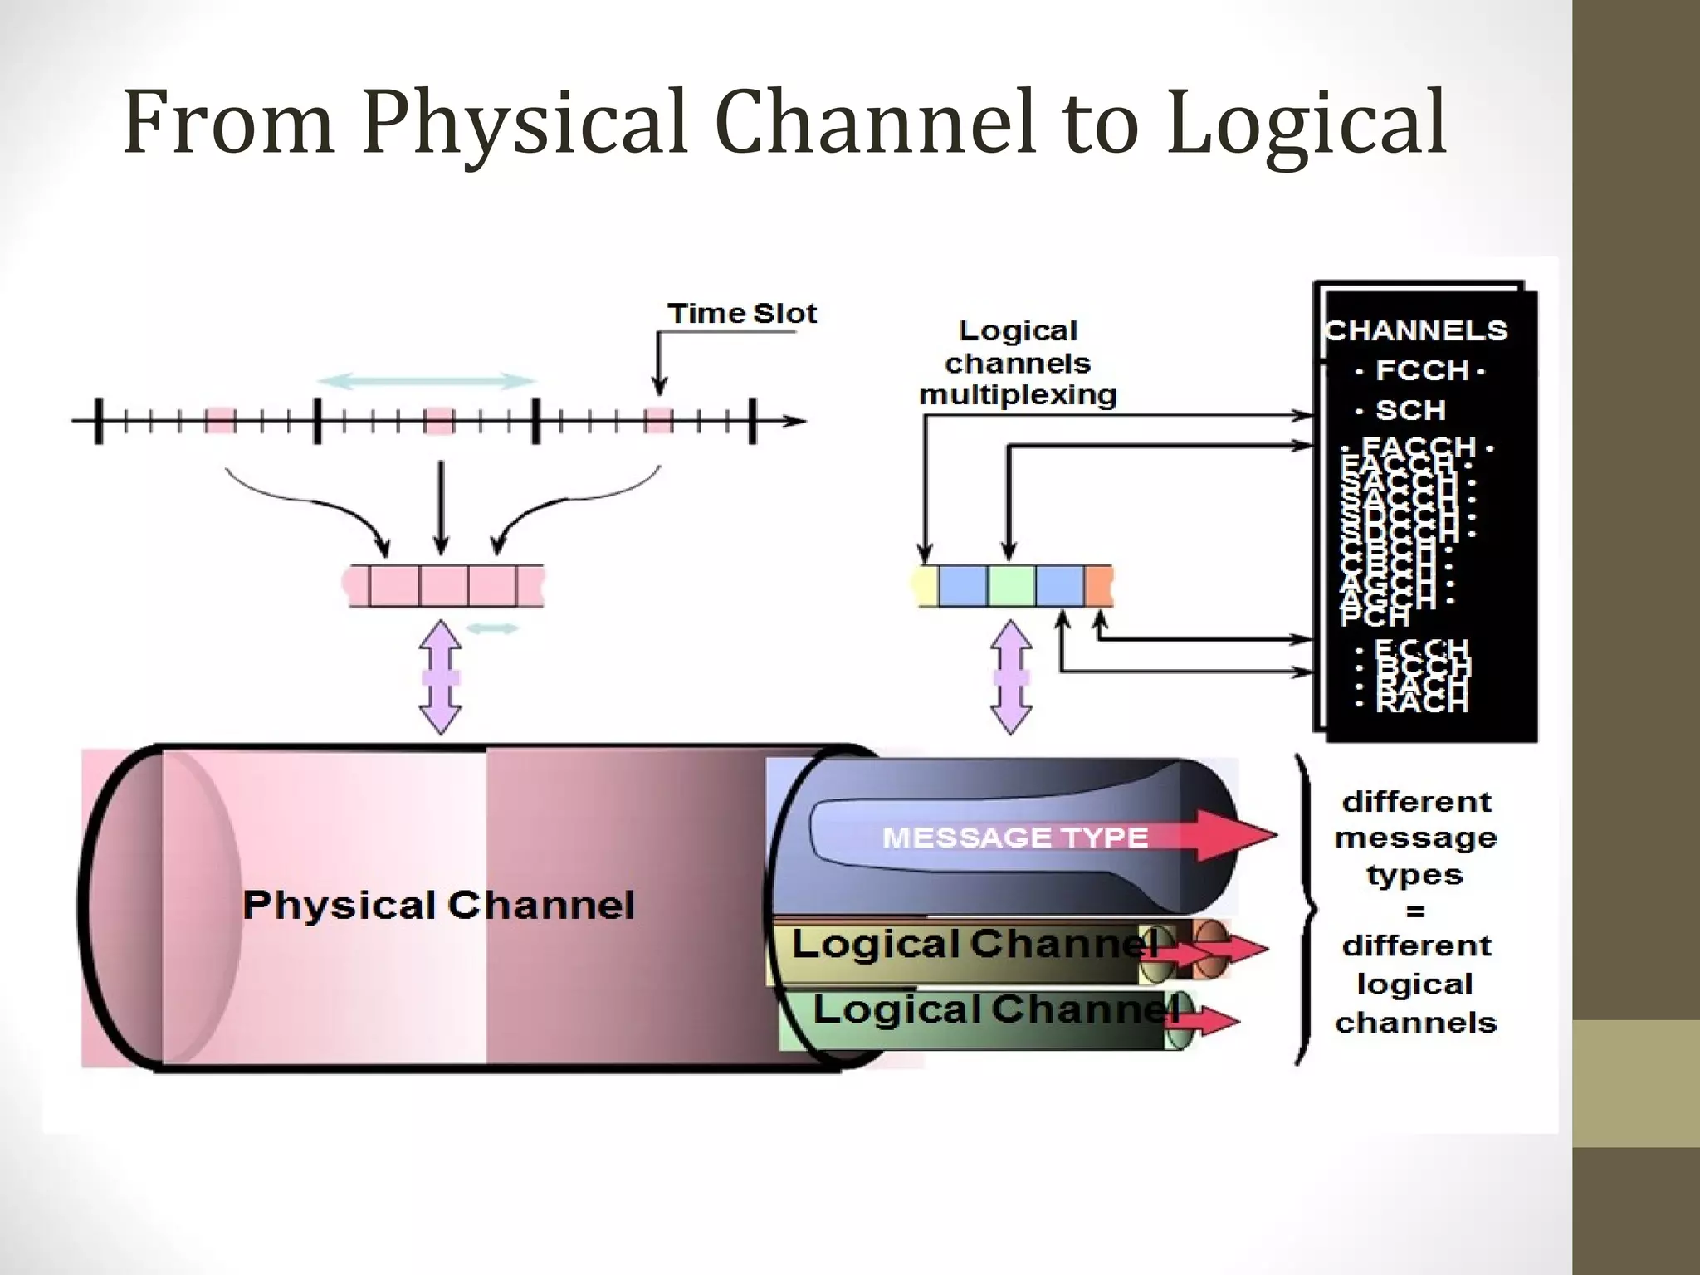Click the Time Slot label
(741, 314)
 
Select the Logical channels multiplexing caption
(1018, 363)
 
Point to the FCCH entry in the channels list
(1422, 370)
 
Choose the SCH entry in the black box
(1410, 410)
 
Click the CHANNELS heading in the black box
(1416, 330)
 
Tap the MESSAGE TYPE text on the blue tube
(1014, 837)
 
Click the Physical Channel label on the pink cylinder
(438, 905)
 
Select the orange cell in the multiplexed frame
(1098, 585)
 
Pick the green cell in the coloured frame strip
(1011, 585)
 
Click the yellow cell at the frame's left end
(926, 585)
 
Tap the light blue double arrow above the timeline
(426, 381)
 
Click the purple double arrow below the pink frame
(441, 677)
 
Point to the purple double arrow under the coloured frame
(1011, 677)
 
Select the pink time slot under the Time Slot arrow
(659, 420)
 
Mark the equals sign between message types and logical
(1414, 911)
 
